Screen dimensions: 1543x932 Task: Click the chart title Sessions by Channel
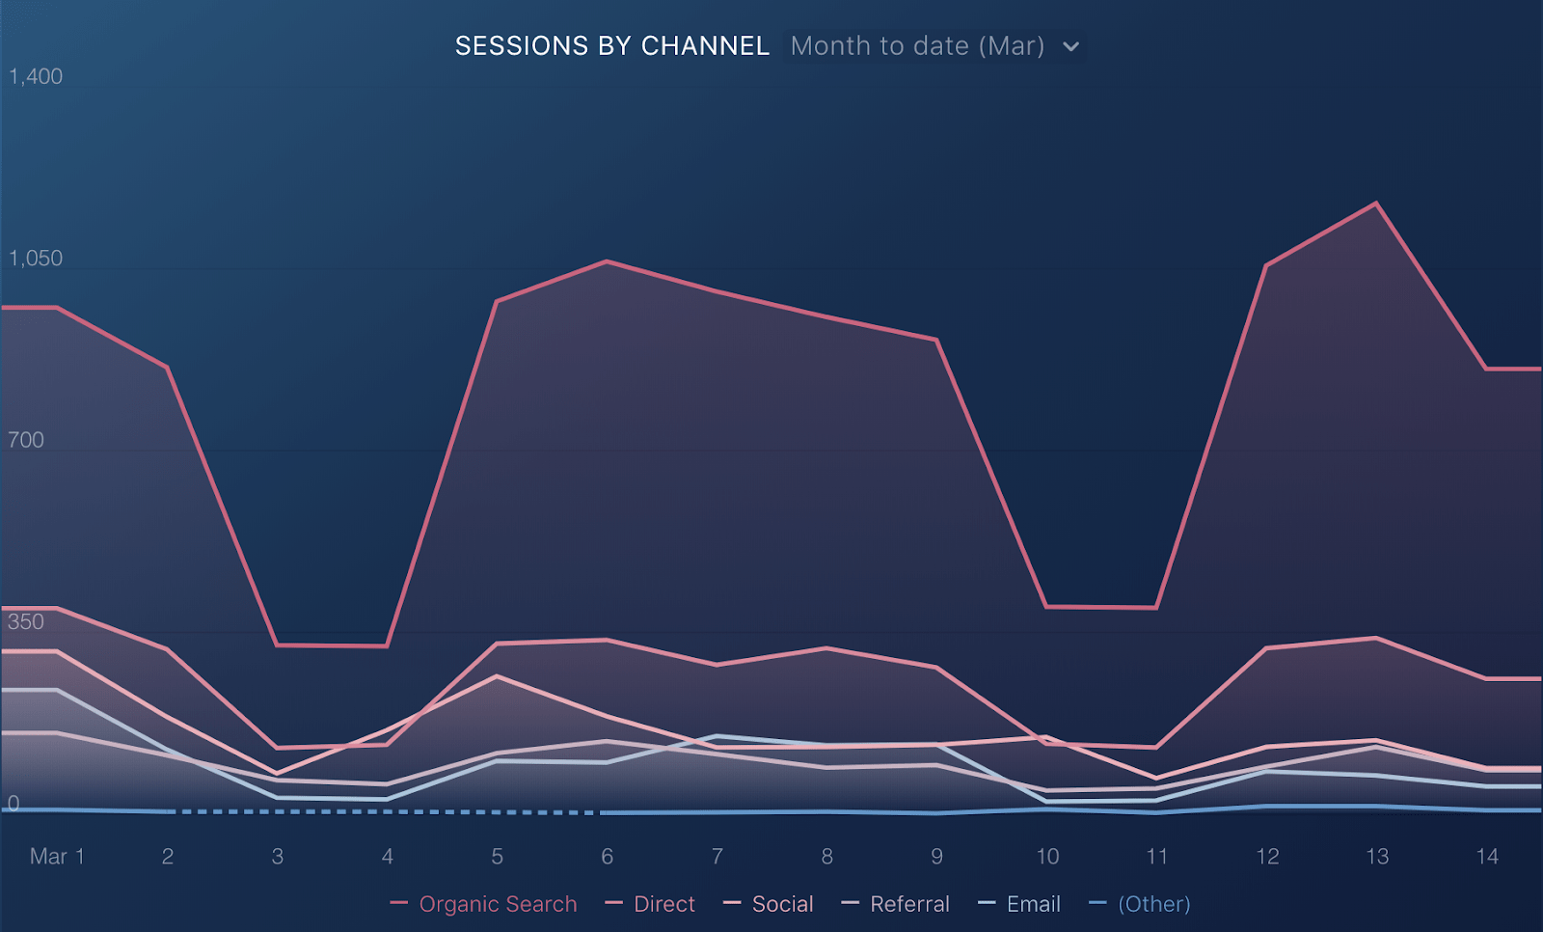[x=611, y=46]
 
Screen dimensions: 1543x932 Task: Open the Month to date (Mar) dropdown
[x=934, y=46]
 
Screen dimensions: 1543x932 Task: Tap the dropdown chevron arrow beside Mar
[x=1070, y=47]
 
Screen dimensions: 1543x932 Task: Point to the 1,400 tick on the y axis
[x=35, y=76]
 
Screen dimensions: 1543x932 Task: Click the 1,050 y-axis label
[x=35, y=258]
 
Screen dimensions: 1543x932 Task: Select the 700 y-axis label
[x=25, y=440]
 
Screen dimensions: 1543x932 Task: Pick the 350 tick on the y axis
[x=25, y=621]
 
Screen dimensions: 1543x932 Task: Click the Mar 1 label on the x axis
[x=57, y=856]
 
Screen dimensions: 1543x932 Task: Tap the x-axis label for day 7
[x=717, y=856]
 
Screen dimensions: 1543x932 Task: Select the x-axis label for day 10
[x=1047, y=856]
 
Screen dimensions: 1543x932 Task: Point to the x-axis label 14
[x=1487, y=856]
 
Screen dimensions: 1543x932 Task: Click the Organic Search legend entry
[x=483, y=904]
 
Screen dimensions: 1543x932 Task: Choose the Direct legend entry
[x=650, y=904]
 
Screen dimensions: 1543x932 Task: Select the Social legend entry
[x=768, y=904]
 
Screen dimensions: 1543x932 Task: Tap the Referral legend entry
[x=896, y=904]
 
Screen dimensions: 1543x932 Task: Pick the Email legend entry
[x=1019, y=904]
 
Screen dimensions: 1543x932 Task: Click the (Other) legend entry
[x=1139, y=904]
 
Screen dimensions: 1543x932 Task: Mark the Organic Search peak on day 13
[x=1376, y=203]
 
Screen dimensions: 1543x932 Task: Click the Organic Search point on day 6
[x=607, y=261]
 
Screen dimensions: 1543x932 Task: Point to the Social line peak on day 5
[x=497, y=676]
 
